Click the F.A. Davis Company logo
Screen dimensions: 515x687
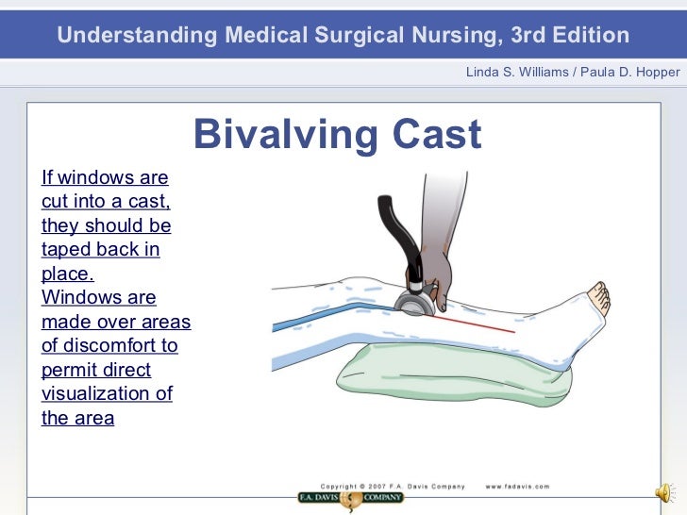(x=351, y=497)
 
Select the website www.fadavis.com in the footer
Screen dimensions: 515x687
(x=517, y=487)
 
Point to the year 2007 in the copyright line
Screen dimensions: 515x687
(x=383, y=487)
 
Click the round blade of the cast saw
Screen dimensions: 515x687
(x=413, y=304)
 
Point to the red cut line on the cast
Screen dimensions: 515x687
(x=477, y=324)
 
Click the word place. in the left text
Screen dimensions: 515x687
(x=68, y=274)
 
